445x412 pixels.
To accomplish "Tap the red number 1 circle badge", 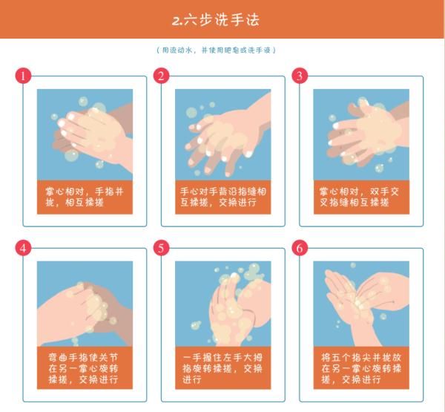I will coord(24,76).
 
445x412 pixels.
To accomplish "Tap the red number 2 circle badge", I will coord(162,76).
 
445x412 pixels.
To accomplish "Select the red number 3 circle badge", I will coord(300,76).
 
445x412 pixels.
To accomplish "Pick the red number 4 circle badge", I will coord(24,247).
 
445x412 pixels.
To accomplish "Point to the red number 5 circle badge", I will coord(162,247).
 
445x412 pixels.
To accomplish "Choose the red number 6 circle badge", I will coord(300,247).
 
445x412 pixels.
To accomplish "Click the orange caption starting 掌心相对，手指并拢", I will coord(85,197).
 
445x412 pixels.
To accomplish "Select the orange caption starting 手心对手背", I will coord(222,197).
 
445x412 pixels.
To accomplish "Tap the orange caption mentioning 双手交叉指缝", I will coord(360,197).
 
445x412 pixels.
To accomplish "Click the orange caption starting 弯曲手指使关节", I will coord(85,368).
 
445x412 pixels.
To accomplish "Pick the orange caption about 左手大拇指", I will coord(222,368).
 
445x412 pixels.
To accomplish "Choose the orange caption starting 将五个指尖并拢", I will coord(360,368).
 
